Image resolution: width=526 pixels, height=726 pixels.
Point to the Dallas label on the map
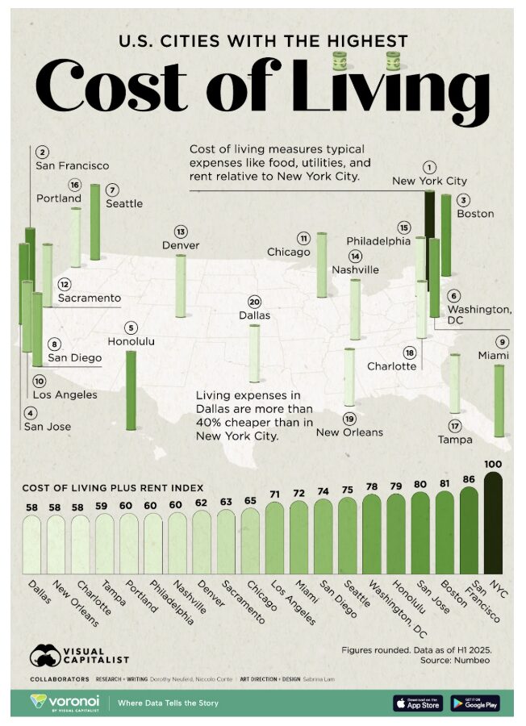(x=254, y=315)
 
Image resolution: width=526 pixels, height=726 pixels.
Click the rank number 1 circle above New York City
(x=430, y=165)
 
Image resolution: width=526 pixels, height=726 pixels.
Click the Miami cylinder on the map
(x=499, y=401)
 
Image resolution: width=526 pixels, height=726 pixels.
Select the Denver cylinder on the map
(x=180, y=286)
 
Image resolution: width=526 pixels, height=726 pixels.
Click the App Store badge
(x=417, y=703)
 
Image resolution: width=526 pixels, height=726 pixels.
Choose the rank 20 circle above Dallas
(x=254, y=300)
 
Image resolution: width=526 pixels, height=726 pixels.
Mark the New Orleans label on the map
(x=349, y=432)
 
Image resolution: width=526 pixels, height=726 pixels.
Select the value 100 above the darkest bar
(x=493, y=463)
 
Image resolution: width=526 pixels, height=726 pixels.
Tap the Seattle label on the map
(x=124, y=203)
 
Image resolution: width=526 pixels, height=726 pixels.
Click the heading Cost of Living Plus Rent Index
(x=112, y=487)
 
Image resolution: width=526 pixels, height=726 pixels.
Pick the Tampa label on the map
(x=455, y=440)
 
